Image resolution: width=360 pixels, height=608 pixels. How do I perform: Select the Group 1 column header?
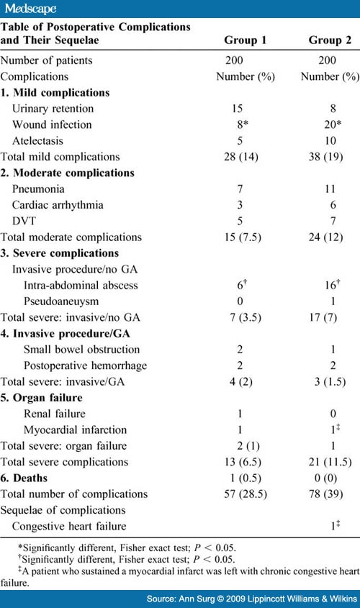tap(245, 40)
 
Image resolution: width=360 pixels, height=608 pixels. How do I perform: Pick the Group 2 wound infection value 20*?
tap(330, 124)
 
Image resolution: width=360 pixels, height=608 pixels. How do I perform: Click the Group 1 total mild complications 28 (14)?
tap(245, 156)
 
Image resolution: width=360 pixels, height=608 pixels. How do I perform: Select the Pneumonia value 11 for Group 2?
tap(330, 189)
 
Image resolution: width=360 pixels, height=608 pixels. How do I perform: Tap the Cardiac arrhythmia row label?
tap(58, 205)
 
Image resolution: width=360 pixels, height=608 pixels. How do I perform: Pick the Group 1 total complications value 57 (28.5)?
tap(245, 494)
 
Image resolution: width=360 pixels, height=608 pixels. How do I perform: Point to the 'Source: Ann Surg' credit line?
tap(248, 597)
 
